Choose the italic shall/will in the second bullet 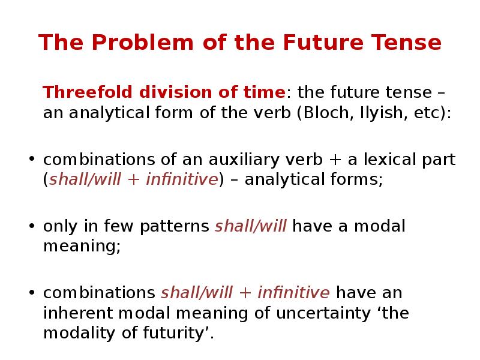pos(251,226)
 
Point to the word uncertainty pos(313,313)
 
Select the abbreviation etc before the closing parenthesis pos(427,113)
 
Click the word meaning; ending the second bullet pos(82,247)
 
